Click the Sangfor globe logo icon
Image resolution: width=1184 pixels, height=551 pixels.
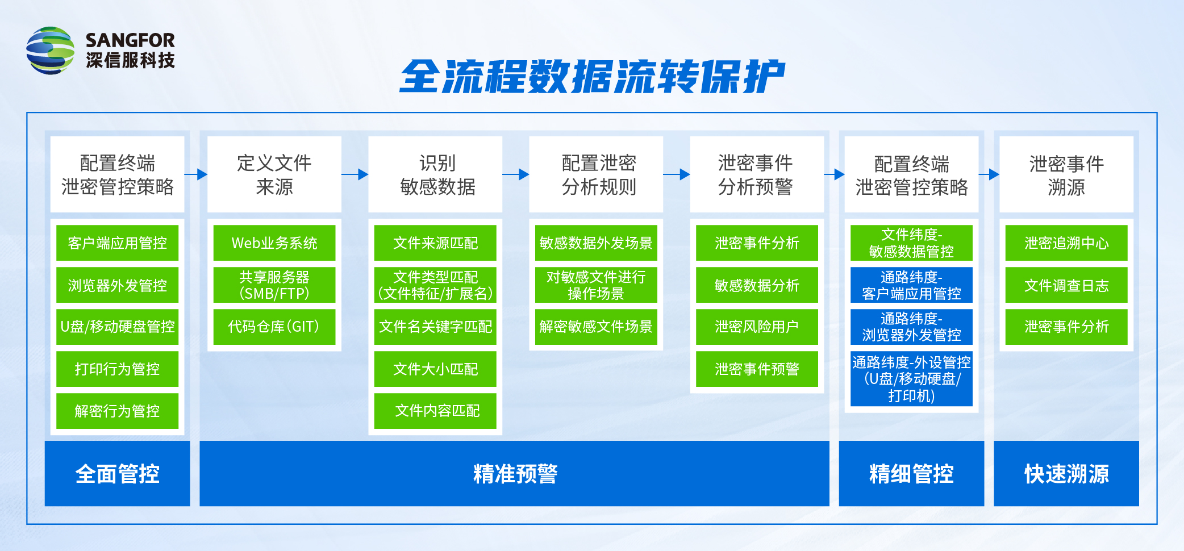pos(50,50)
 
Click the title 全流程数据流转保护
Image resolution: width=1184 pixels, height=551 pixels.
pos(591,77)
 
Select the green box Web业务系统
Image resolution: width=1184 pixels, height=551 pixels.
pos(274,243)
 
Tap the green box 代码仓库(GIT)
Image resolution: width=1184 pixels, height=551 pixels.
pos(274,327)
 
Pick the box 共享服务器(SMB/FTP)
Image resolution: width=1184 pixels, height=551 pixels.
pos(274,285)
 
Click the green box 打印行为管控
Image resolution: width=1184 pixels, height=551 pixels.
pos(117,369)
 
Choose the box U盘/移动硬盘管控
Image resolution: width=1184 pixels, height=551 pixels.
pos(117,327)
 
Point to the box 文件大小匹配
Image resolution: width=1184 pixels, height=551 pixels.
pos(435,369)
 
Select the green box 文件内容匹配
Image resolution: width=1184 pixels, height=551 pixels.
pos(435,411)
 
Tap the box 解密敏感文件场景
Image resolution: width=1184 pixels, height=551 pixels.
pos(596,327)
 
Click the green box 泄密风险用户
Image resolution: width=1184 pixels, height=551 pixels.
pos(757,327)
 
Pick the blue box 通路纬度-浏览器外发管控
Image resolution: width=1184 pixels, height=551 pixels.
pos(911,327)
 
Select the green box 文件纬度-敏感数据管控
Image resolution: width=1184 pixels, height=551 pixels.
pos(911,243)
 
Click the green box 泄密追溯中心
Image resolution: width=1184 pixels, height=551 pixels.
pos(1066,243)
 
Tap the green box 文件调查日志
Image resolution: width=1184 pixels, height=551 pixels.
pos(1066,285)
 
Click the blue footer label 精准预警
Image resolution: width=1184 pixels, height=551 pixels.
pos(515,474)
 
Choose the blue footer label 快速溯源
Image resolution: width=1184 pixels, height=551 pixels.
pos(1066,474)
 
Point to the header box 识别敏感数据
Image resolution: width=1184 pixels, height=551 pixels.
pos(435,174)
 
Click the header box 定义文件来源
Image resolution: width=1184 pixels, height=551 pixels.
pos(274,174)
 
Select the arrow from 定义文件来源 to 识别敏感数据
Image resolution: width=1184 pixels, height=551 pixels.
pos(355,174)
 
